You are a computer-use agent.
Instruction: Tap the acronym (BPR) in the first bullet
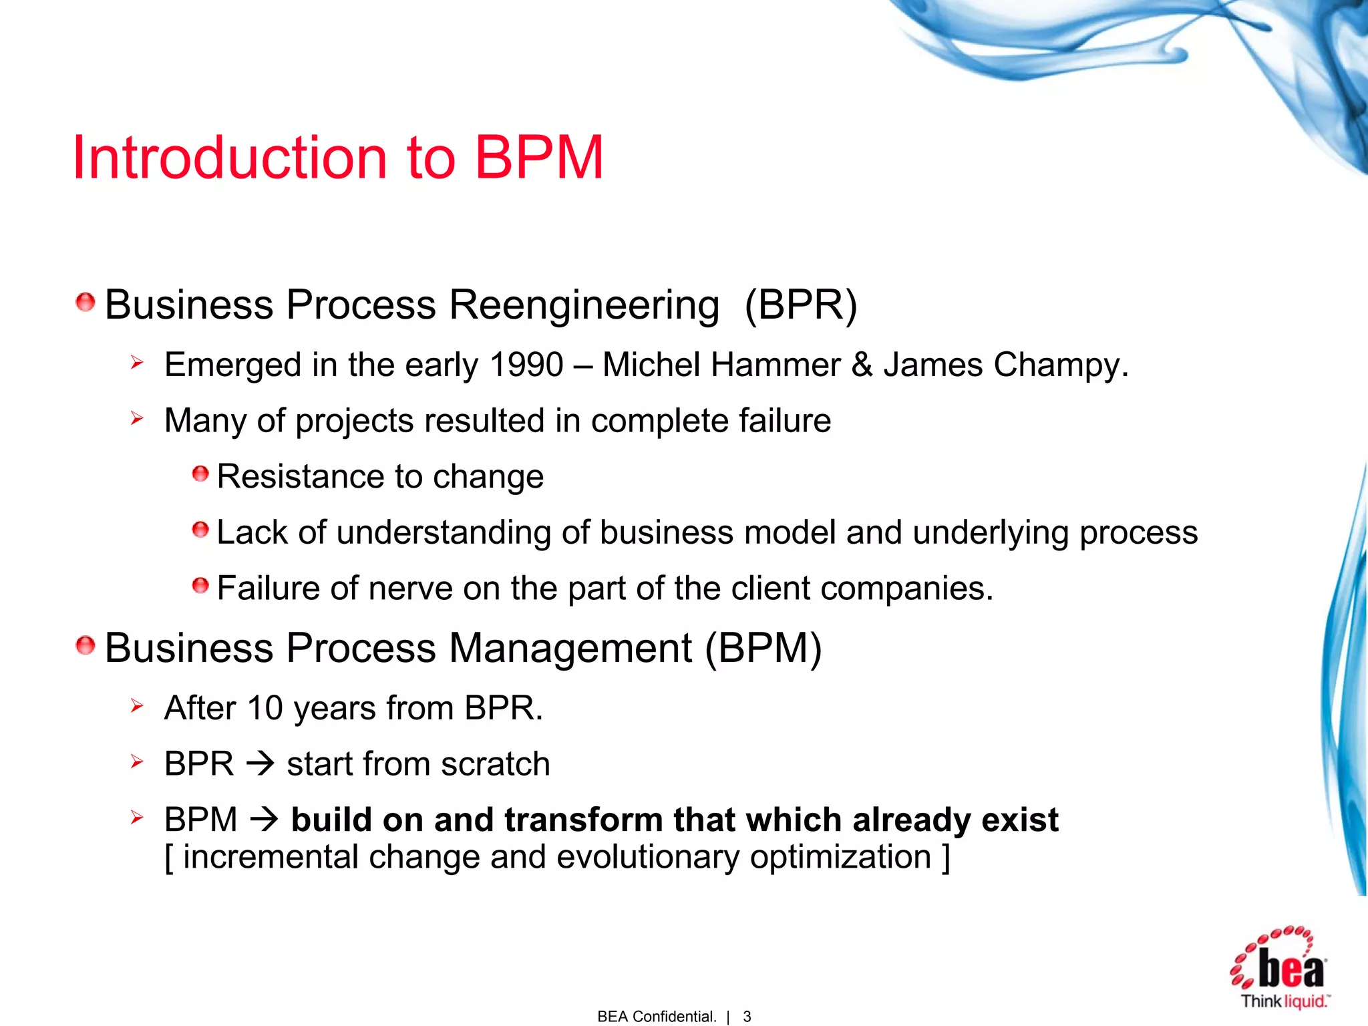coord(800,305)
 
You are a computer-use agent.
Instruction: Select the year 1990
coord(526,365)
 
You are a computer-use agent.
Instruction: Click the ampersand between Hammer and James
coord(862,365)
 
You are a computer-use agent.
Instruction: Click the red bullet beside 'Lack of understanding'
coord(200,530)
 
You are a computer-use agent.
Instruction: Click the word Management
coord(570,649)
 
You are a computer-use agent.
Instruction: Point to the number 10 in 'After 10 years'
coord(265,708)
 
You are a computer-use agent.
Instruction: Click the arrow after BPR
coord(260,763)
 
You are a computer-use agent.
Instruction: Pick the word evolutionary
coord(647,857)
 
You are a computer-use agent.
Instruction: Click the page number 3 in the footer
coord(747,1016)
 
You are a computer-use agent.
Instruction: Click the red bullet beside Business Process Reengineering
coord(85,303)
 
